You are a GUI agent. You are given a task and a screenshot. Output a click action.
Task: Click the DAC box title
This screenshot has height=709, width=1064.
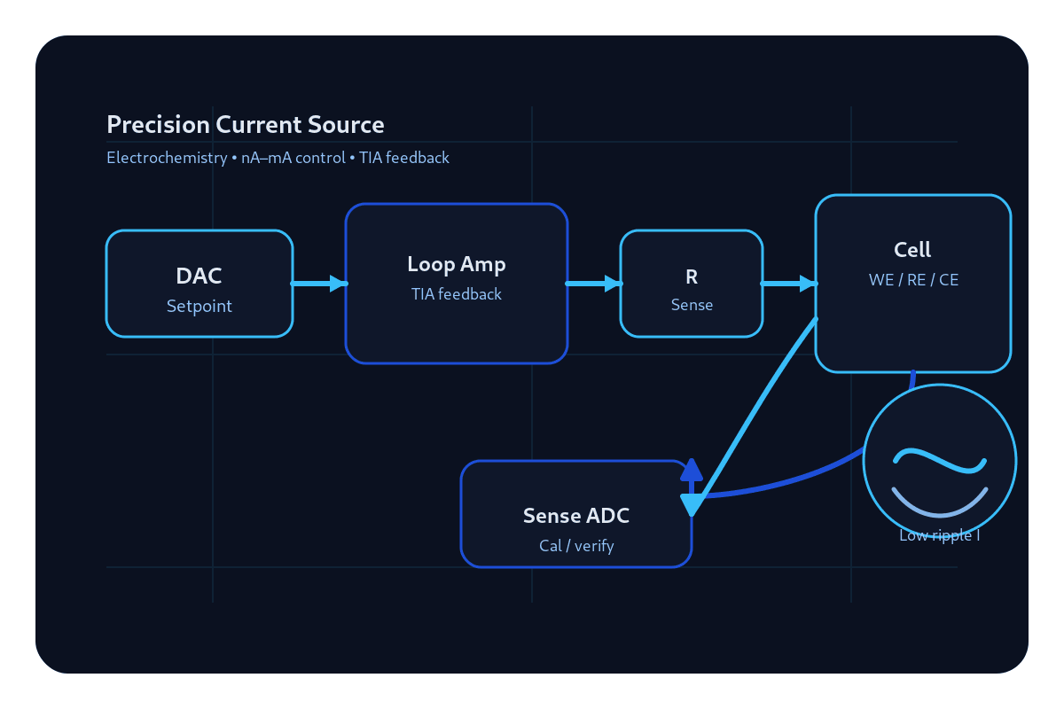click(x=199, y=276)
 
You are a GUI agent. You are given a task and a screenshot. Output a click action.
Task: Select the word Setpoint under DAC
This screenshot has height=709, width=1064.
click(x=199, y=307)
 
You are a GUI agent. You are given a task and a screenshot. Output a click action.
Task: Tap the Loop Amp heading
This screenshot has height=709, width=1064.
click(x=457, y=265)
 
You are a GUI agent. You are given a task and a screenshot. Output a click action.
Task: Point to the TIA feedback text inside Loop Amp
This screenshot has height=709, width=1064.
click(x=457, y=294)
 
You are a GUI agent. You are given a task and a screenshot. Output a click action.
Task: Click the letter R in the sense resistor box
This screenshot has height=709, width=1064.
click(x=692, y=277)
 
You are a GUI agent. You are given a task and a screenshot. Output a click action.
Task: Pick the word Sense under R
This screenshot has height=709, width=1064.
click(x=692, y=305)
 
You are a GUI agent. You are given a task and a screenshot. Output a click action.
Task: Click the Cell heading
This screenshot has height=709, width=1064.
click(x=912, y=250)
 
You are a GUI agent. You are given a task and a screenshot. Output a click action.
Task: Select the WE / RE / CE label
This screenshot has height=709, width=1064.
click(x=913, y=280)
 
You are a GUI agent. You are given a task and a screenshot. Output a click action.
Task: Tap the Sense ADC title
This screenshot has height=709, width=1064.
click(x=576, y=516)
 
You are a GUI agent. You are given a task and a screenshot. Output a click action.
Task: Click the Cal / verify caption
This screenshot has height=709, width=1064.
click(x=576, y=546)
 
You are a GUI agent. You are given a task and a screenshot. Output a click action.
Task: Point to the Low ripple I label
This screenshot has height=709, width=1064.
click(x=940, y=535)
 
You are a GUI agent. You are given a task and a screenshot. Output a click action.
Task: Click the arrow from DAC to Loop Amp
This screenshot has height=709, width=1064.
click(x=319, y=284)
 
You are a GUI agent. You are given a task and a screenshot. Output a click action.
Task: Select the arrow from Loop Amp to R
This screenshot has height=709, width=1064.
click(x=594, y=284)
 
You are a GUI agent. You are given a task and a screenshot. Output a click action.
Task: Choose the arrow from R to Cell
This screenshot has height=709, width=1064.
click(x=789, y=284)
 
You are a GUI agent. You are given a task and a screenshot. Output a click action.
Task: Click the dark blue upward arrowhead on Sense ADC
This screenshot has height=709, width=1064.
click(x=692, y=469)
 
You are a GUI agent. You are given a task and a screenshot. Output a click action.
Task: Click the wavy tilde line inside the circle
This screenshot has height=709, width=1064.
click(x=940, y=461)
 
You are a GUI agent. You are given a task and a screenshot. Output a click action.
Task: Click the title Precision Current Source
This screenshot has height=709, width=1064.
click(x=245, y=125)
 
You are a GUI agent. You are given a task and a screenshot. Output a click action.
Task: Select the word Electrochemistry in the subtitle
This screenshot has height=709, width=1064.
click(x=167, y=158)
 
